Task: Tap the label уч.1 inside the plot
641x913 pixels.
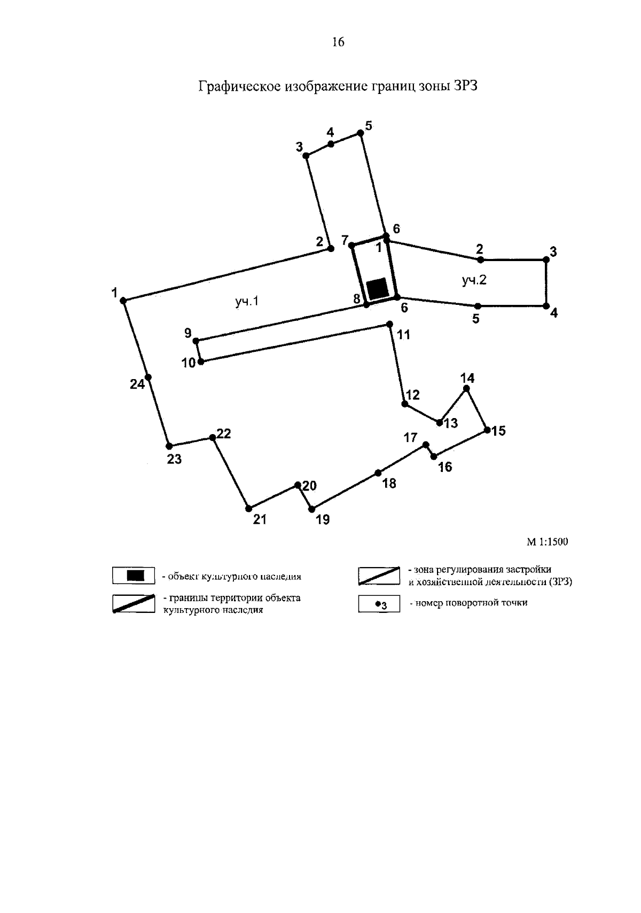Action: [x=247, y=302]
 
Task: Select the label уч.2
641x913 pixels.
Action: [x=474, y=280]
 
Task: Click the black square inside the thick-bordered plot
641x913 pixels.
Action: [x=379, y=288]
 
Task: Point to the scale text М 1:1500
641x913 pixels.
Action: [x=548, y=542]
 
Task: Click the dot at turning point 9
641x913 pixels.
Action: [x=196, y=341]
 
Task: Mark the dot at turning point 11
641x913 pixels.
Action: [x=389, y=324]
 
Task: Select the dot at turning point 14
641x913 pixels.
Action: [x=466, y=389]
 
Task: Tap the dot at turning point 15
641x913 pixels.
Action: [x=487, y=430]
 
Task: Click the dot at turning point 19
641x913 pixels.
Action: [x=312, y=509]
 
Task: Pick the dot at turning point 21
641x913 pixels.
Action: [x=248, y=508]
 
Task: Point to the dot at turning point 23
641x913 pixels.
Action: [x=169, y=446]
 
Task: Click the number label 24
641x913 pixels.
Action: [x=137, y=384]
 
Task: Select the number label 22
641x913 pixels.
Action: [x=224, y=434]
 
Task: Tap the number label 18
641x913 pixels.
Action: [x=389, y=484]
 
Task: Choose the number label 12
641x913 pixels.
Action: [x=413, y=395]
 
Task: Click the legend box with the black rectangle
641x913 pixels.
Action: [x=134, y=576]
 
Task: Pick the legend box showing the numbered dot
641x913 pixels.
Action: [x=379, y=604]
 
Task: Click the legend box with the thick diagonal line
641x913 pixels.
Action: [x=134, y=603]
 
